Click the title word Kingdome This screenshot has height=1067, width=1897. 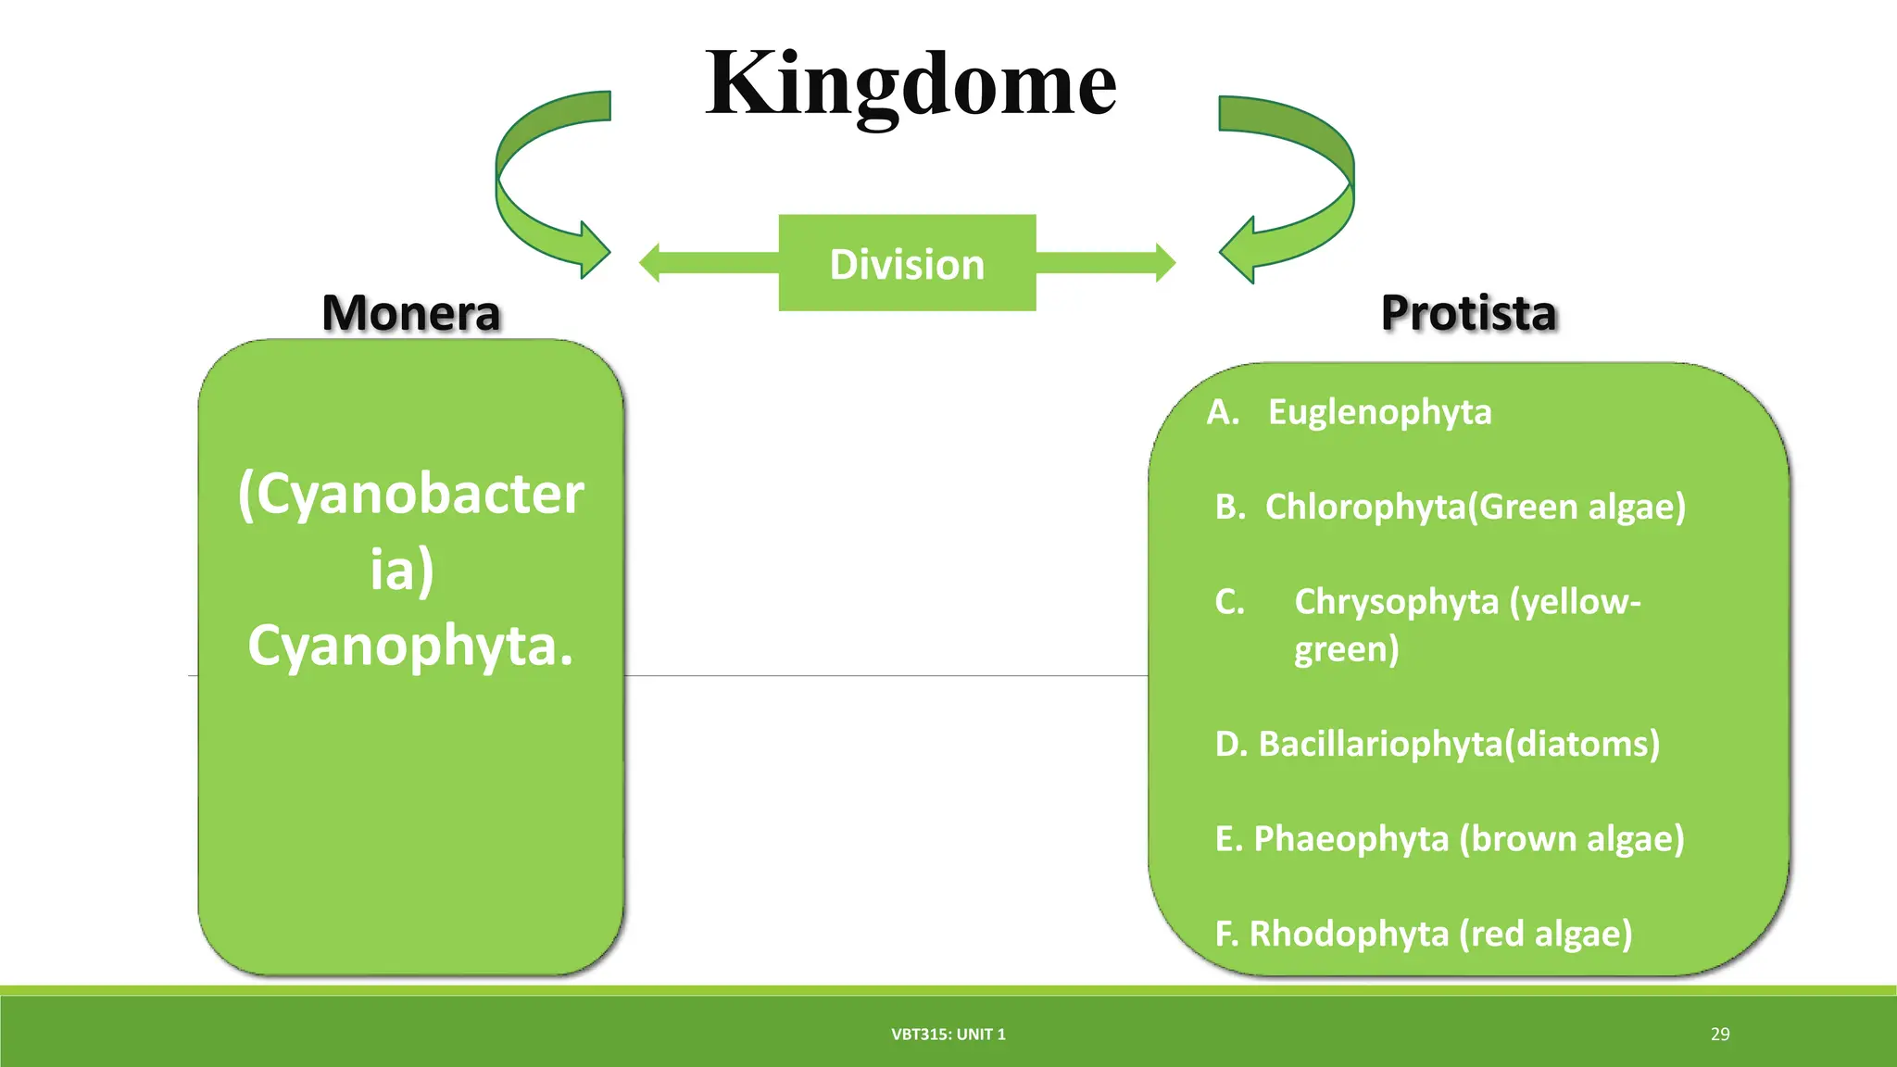click(x=911, y=85)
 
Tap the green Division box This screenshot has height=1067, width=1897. click(x=907, y=264)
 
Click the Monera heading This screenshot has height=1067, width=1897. click(x=410, y=313)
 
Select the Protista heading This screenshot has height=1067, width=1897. click(x=1468, y=313)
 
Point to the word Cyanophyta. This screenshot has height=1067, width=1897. click(x=410, y=645)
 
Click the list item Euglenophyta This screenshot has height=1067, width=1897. click(x=1379, y=412)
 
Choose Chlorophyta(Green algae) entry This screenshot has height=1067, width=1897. click(x=1475, y=507)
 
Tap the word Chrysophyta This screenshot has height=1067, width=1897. click(x=1396, y=602)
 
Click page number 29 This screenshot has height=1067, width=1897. click(x=1719, y=1035)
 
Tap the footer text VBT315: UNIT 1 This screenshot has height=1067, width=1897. click(x=948, y=1035)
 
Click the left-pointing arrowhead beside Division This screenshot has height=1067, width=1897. click(x=651, y=263)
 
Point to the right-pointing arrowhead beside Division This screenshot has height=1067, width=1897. click(x=1164, y=263)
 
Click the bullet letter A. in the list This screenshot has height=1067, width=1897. click(x=1223, y=412)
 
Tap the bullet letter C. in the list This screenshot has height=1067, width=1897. click(x=1230, y=602)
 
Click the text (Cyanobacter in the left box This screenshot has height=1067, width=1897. click(x=410, y=494)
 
